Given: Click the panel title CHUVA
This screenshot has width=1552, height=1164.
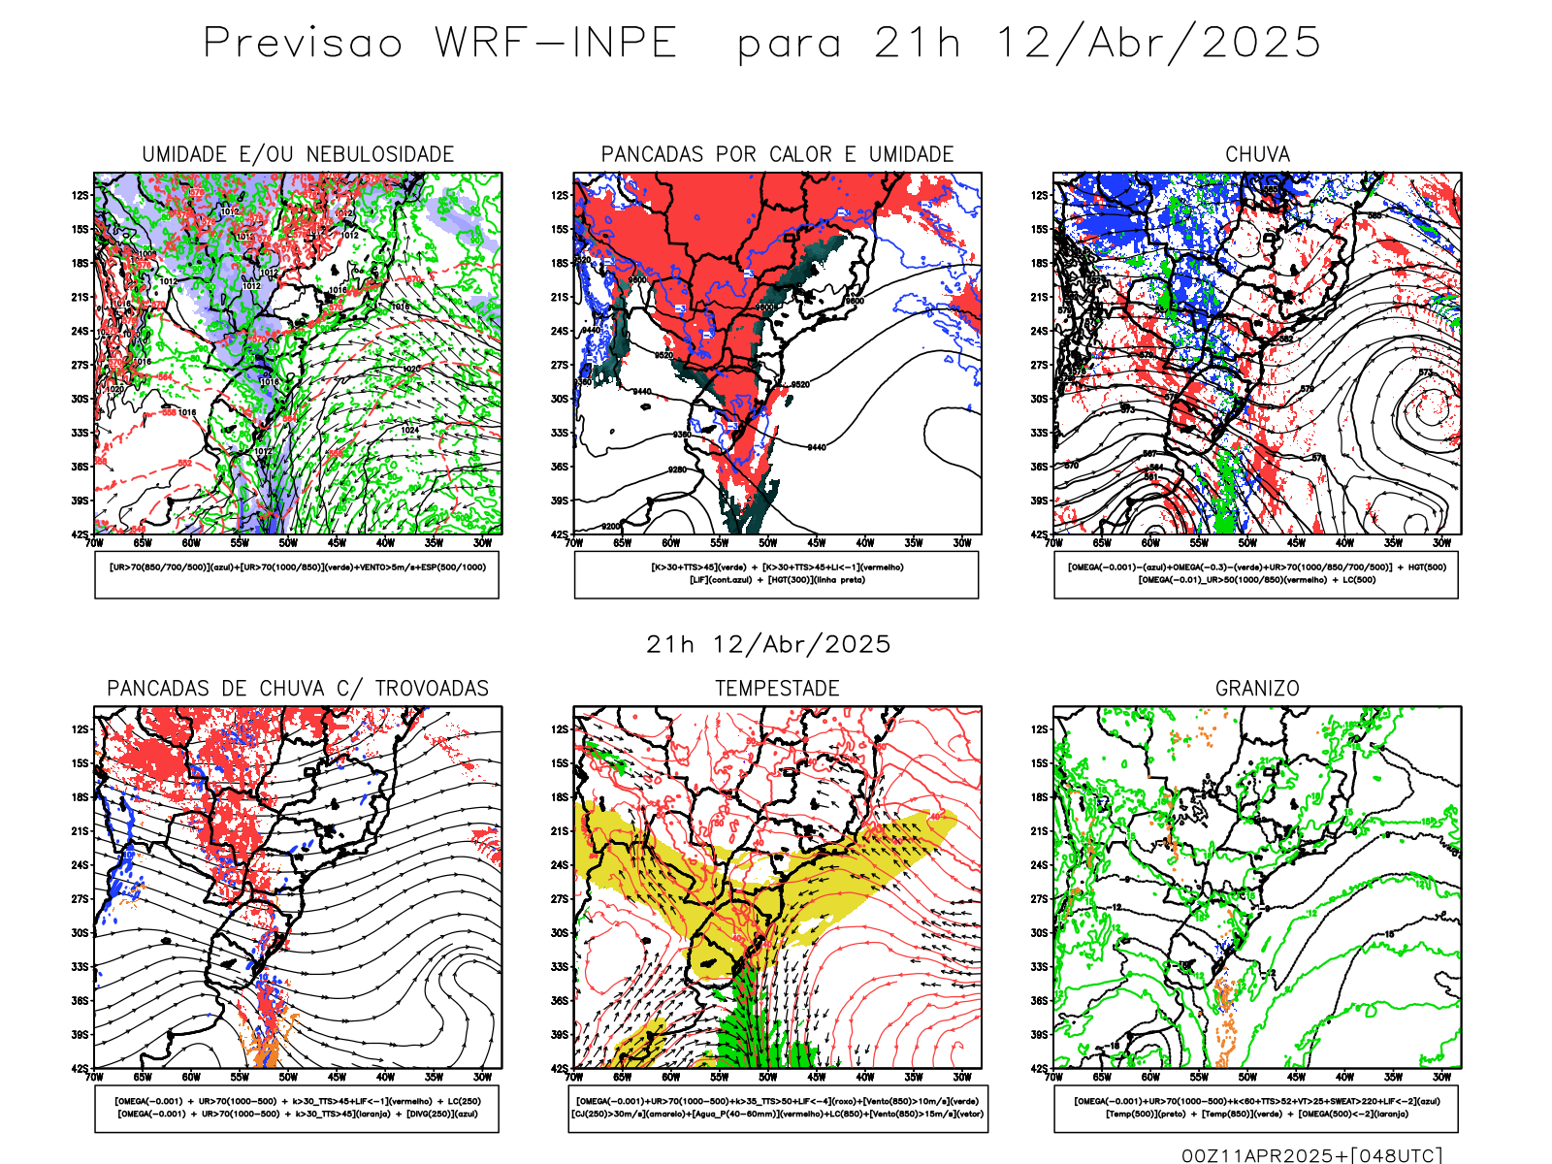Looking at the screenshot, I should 1257,154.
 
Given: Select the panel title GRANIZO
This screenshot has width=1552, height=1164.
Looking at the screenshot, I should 1257,688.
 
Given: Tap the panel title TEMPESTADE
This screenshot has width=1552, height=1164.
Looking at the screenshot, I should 777,688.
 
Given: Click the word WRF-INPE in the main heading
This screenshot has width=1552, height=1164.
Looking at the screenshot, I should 556,43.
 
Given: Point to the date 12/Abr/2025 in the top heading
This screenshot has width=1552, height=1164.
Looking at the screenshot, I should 1158,43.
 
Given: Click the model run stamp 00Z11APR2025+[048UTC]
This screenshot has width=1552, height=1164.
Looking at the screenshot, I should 1311,1154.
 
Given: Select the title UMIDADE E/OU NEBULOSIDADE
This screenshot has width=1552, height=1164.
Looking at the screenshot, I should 298,154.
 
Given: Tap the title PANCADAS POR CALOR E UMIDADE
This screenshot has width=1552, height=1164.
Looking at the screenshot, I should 777,154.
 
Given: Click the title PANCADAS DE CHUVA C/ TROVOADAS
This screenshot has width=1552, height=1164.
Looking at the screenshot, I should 298,688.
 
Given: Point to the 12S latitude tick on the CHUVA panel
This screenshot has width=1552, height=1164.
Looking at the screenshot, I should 1040,196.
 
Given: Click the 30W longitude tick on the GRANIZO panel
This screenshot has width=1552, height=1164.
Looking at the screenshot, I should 1442,1077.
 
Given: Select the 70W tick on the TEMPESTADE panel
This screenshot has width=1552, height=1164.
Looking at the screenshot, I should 574,1077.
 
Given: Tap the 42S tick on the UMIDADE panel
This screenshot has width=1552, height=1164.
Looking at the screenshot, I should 80,534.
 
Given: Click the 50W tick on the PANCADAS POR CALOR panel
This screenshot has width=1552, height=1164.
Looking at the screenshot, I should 768,543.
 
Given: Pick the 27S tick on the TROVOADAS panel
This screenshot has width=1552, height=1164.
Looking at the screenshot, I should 80,899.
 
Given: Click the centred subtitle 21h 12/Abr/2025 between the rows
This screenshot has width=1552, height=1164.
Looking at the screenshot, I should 768,644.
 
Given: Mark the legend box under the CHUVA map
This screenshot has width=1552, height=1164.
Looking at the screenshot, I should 1256,574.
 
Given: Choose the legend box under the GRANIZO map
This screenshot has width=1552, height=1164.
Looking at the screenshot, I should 1256,1108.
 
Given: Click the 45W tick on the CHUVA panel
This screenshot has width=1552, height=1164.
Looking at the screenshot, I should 1296,543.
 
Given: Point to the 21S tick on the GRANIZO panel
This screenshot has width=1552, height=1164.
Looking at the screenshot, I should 1040,831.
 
